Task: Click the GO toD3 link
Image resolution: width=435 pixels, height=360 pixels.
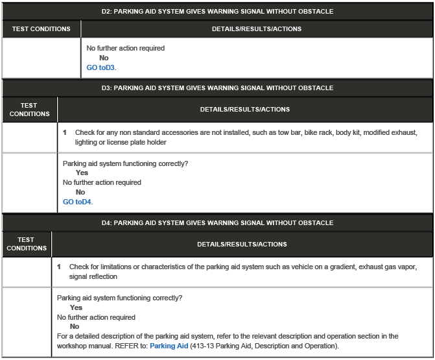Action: click(101, 67)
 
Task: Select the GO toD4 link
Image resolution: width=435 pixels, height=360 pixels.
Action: click(77, 202)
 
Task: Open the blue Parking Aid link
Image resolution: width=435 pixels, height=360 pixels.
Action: click(169, 346)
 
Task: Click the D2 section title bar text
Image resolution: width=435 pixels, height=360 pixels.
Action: click(217, 11)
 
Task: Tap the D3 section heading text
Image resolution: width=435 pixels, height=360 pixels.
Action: click(217, 88)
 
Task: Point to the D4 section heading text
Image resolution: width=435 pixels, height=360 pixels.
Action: click(217, 222)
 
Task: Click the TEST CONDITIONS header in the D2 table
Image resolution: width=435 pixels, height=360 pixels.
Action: click(41, 29)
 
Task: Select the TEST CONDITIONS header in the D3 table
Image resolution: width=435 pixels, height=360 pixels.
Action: click(29, 110)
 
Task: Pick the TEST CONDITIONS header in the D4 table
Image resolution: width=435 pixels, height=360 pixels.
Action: click(27, 244)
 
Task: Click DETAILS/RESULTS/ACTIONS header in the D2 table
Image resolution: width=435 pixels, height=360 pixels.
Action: click(256, 29)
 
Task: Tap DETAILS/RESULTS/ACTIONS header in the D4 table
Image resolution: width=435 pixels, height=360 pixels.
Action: click(242, 245)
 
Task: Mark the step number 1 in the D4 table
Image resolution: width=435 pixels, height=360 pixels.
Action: click(59, 267)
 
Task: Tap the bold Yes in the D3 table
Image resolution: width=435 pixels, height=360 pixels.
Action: click(82, 173)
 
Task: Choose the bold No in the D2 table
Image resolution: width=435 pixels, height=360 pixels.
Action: click(104, 58)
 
